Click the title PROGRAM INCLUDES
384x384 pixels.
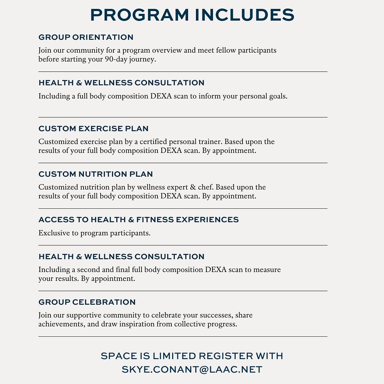click(x=192, y=15)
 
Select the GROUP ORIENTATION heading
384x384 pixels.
click(x=86, y=37)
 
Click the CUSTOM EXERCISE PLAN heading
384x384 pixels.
click(x=94, y=129)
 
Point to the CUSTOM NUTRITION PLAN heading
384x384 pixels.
click(x=96, y=174)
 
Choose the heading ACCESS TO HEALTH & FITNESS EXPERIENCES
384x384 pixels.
click(x=139, y=220)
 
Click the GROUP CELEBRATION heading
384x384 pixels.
click(x=87, y=302)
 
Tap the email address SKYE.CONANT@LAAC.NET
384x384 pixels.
click(x=192, y=370)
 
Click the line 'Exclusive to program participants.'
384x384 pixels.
click(x=95, y=233)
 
